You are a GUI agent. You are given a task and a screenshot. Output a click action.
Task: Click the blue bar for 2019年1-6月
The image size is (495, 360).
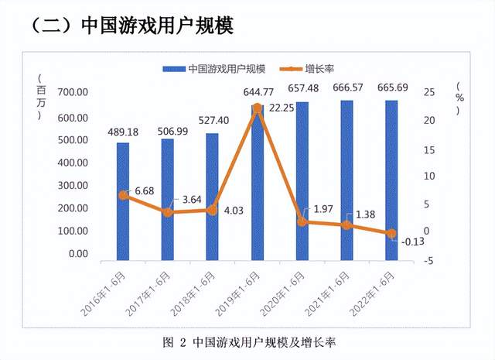pos(257,186)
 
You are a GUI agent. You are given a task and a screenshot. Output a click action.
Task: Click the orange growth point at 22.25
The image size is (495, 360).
pos(257,108)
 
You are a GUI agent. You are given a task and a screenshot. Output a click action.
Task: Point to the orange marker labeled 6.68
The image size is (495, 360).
pos(123,195)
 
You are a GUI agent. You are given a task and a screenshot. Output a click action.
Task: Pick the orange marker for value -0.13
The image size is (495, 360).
pos(391,233)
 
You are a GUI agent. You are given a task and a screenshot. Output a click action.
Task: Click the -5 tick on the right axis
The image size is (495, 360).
pos(428,261)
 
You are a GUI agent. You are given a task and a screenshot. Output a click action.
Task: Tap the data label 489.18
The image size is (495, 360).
pos(123,132)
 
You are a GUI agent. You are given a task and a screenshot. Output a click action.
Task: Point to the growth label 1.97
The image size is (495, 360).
pos(320,210)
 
